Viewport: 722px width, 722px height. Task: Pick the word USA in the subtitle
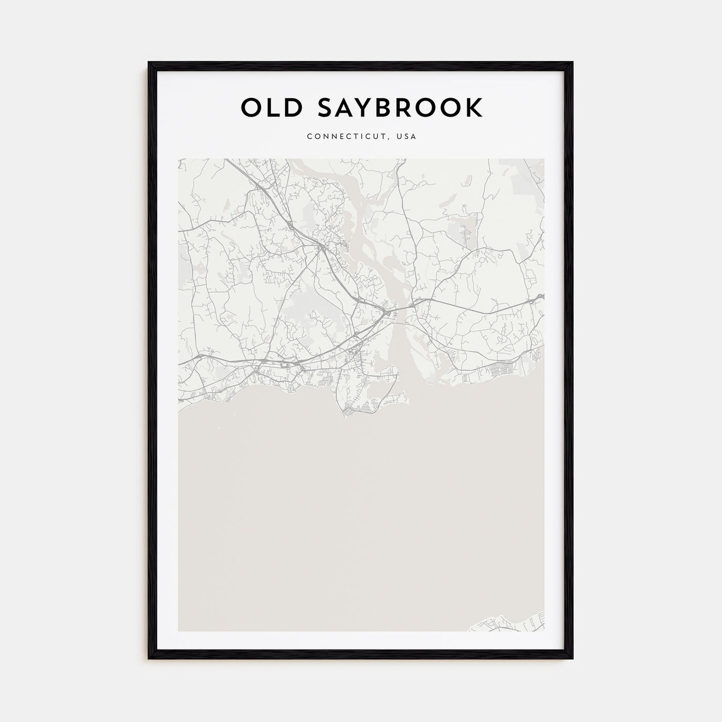point(406,137)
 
